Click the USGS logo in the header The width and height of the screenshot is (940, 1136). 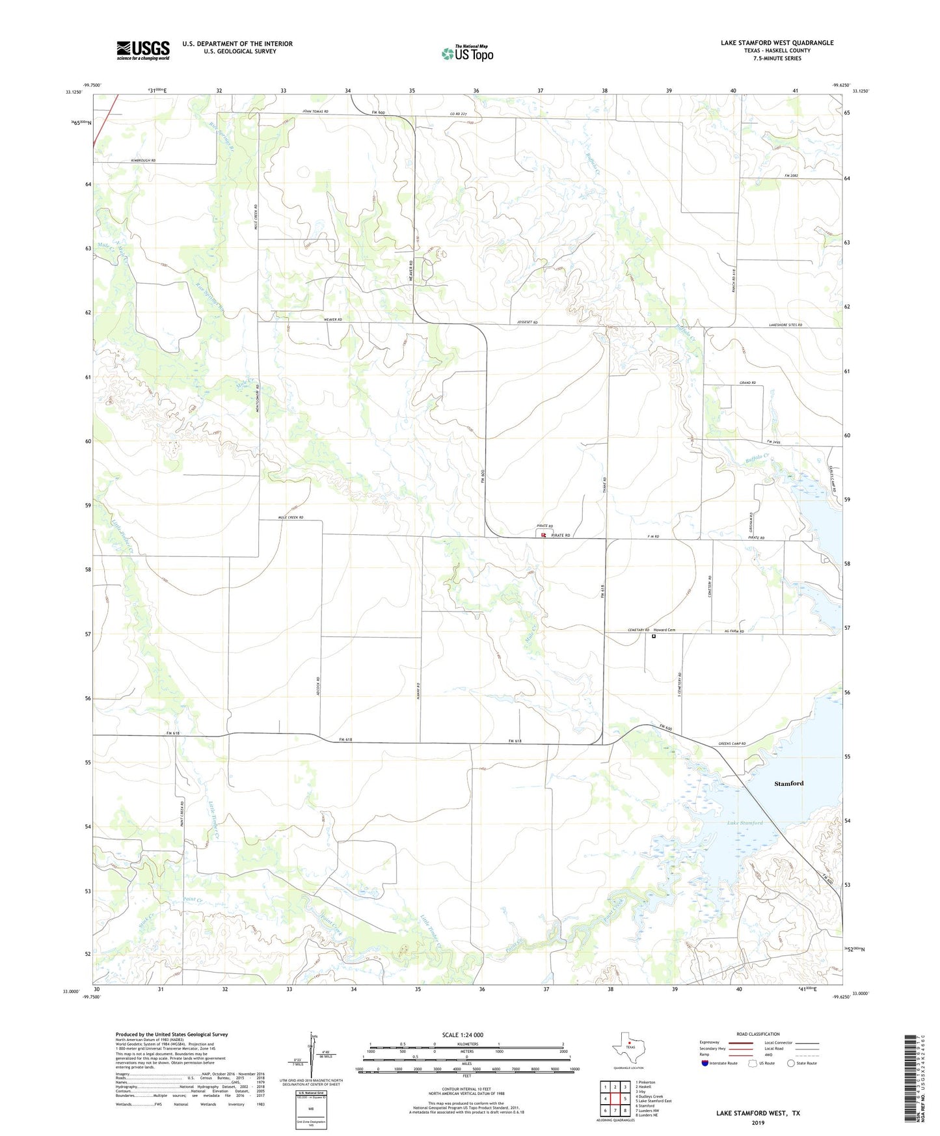coord(143,50)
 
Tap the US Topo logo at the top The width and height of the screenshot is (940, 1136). coord(467,53)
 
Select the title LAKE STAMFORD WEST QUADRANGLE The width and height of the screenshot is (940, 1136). coord(777,43)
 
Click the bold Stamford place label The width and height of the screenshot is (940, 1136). coord(788,783)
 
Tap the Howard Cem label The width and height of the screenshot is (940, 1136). coord(664,630)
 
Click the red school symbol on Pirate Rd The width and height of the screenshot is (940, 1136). coord(543,535)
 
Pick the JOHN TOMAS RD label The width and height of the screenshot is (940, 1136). coord(316,112)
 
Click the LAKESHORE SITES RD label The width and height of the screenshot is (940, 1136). coord(786,325)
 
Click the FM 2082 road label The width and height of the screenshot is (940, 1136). coord(791,176)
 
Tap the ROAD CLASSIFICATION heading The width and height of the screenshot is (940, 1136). coord(758,1034)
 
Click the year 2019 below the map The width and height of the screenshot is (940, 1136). coord(758,1123)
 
